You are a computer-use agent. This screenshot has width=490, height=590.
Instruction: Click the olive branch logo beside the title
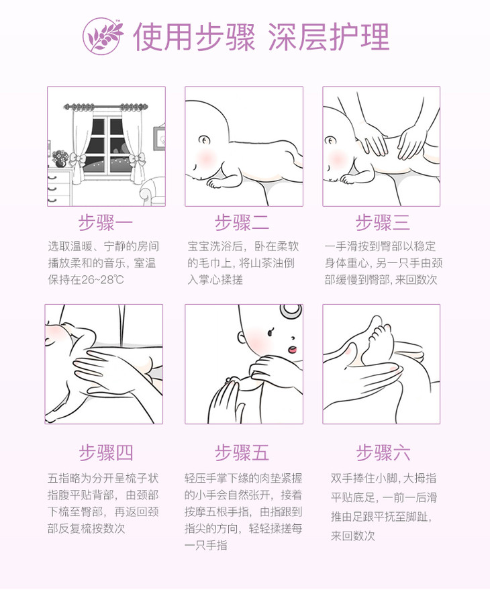[103, 36]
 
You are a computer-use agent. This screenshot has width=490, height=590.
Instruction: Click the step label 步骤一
[106, 222]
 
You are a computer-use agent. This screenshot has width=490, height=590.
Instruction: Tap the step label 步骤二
[242, 222]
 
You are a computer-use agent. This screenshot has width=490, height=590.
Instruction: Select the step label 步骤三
[383, 222]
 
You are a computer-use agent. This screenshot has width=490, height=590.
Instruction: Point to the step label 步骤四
[106, 452]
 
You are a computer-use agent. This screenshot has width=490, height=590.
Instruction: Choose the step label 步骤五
[242, 452]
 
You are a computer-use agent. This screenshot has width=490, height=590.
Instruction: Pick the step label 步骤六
[383, 452]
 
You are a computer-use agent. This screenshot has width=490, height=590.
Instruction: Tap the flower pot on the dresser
[60, 158]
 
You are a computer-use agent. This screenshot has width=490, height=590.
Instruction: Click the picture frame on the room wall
[159, 138]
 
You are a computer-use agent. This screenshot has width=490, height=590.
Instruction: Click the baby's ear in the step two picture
[205, 141]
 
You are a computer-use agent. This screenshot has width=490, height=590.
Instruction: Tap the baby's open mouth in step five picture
[293, 350]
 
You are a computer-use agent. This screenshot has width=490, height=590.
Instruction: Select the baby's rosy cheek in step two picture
[206, 156]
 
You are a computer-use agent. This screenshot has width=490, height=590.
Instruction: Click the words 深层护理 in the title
[328, 36]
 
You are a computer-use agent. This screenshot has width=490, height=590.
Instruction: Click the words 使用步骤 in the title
[194, 36]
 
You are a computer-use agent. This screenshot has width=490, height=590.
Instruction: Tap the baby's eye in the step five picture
[271, 333]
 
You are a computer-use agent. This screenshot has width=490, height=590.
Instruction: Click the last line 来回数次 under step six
[352, 536]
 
